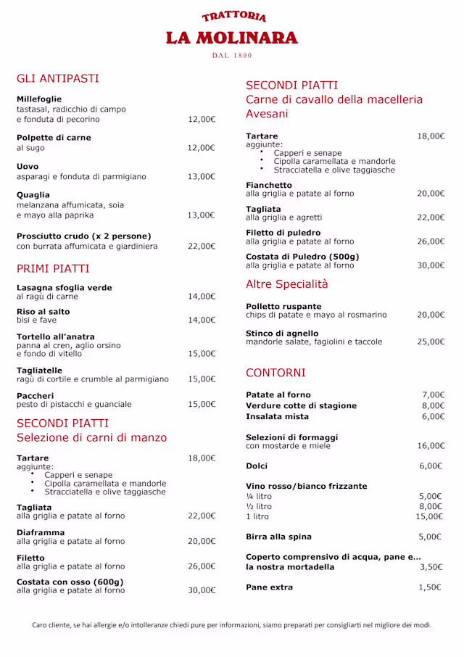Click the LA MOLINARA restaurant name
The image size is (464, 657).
coord(232,38)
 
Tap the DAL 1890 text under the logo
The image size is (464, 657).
coord(232,56)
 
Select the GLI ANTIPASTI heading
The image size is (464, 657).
coord(58,78)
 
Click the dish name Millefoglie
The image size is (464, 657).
coord(39,99)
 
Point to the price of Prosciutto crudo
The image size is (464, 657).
coord(202,247)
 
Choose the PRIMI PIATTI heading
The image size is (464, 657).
coord(53,268)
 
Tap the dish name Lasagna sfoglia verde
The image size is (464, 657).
coord(65,287)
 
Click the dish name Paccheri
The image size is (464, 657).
coord(36,395)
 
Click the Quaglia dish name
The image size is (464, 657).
coord(33,194)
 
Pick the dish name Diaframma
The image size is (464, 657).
coord(41,532)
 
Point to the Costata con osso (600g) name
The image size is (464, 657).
coord(70,582)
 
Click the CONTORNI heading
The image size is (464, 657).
coord(275,373)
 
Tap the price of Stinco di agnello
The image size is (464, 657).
coord(431,342)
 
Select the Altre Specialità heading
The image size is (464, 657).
coord(287,284)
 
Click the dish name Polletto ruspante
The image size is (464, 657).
coord(283,306)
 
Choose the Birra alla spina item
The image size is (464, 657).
coord(279,537)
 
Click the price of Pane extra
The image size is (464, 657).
coord(430,587)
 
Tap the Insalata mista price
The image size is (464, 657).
coord(433,416)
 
